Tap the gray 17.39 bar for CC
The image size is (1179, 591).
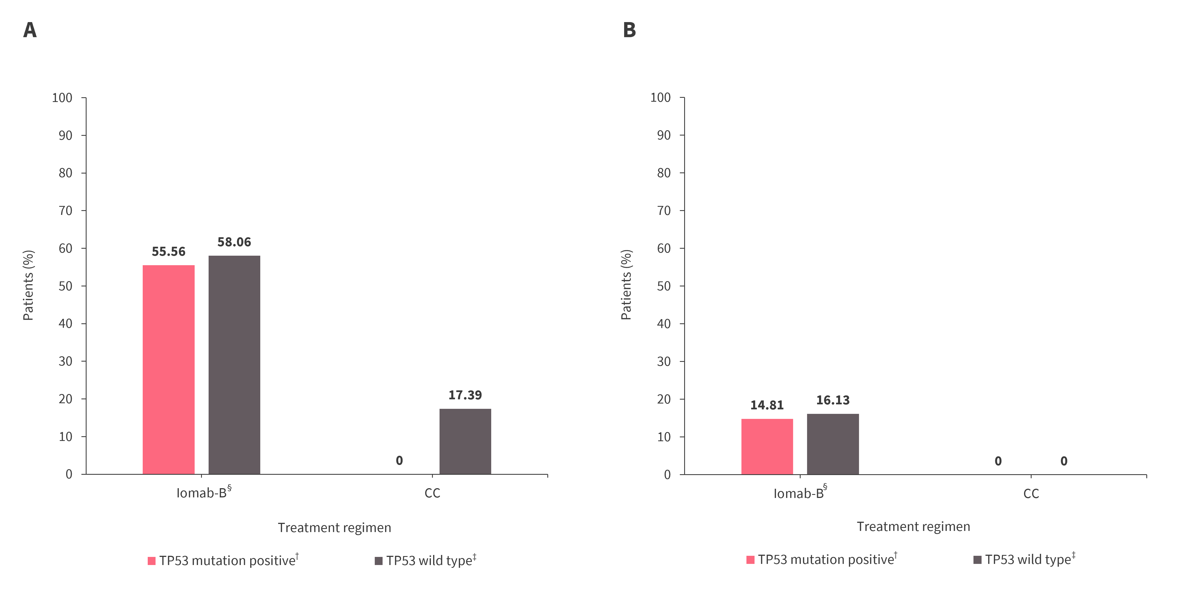pyautogui.click(x=465, y=441)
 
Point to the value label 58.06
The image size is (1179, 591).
pyautogui.click(x=234, y=242)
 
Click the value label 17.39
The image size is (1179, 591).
pyautogui.click(x=465, y=395)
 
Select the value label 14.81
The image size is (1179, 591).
pyautogui.click(x=767, y=405)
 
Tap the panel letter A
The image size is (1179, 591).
pyautogui.click(x=30, y=30)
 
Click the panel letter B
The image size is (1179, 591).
pyautogui.click(x=629, y=30)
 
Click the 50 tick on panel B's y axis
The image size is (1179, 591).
pyautogui.click(x=664, y=286)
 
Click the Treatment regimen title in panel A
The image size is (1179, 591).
pyautogui.click(x=335, y=527)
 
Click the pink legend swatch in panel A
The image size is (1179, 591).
pyautogui.click(x=152, y=561)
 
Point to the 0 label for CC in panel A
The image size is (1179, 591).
pyautogui.click(x=399, y=461)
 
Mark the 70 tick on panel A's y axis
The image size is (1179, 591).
pyautogui.click(x=65, y=211)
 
